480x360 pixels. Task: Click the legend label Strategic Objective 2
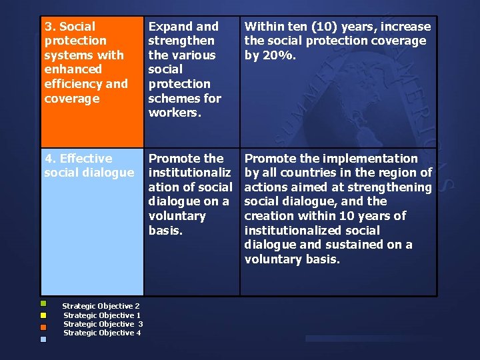point(101,306)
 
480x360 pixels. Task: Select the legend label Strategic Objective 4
point(101,333)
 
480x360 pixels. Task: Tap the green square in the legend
point(43,303)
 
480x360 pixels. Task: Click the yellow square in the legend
point(43,315)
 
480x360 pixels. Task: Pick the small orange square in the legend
point(43,327)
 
